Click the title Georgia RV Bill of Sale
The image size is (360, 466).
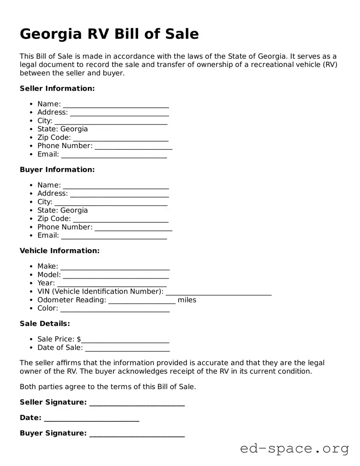(109, 34)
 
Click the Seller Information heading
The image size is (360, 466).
(57, 88)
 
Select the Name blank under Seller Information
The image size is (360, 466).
(116, 104)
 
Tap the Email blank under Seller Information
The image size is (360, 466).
(114, 154)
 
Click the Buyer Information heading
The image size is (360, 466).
(57, 169)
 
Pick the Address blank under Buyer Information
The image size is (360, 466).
(119, 194)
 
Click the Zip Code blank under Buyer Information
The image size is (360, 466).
(121, 219)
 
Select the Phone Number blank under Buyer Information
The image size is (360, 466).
(133, 227)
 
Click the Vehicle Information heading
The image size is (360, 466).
(60, 250)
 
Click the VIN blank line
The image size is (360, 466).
(218, 292)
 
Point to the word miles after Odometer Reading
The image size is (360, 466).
(187, 300)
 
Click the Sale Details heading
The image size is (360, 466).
(45, 323)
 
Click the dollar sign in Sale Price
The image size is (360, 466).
(79, 339)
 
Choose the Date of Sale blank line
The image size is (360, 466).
(127, 348)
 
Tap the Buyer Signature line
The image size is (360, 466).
(137, 434)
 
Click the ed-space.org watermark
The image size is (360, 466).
(294, 449)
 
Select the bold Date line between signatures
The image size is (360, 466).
(91, 418)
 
